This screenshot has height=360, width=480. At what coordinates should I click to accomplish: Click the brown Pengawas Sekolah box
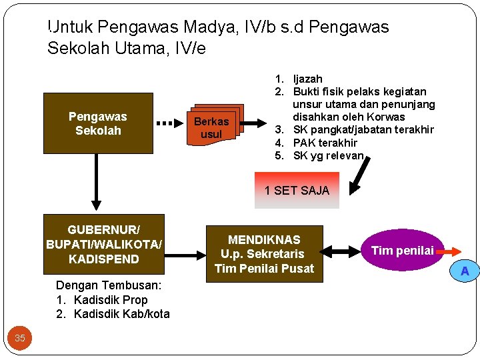[x=98, y=123]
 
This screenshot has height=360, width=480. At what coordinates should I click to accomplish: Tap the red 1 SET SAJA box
[x=297, y=191]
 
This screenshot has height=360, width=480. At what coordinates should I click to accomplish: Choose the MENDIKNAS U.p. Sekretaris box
[x=264, y=253]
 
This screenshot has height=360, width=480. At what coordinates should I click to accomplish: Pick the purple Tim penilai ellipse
[x=402, y=251]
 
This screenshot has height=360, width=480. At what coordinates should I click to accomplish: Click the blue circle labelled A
[x=465, y=271]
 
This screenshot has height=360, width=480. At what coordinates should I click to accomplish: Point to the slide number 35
[x=20, y=338]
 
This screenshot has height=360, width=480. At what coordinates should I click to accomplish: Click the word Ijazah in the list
[x=308, y=79]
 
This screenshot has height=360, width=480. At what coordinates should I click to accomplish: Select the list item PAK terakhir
[x=325, y=143]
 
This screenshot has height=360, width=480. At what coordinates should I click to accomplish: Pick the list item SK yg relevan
[x=328, y=156]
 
